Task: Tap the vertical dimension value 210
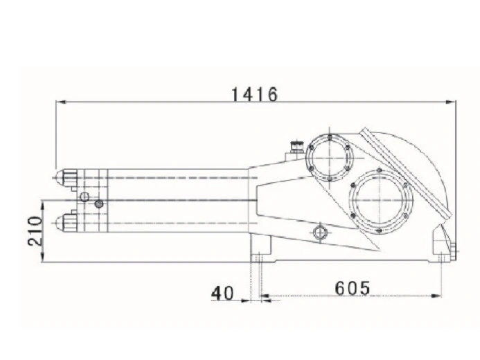click(33, 231)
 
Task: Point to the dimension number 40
click(222, 294)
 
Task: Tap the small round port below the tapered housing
click(319, 231)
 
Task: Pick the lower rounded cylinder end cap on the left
click(66, 223)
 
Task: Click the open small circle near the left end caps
click(85, 197)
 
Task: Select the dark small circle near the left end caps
click(99, 204)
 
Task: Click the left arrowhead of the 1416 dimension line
click(60, 102)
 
